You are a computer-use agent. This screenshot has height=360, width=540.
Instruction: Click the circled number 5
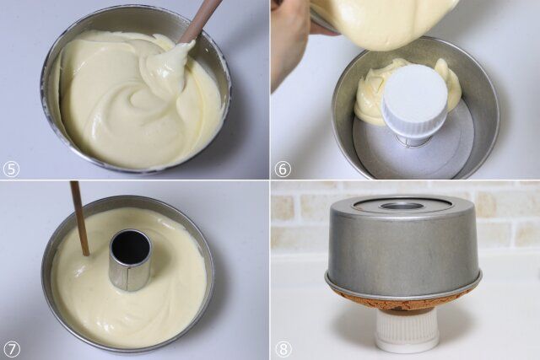pyautogui.click(x=11, y=169)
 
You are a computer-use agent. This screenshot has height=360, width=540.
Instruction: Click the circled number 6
pyautogui.click(x=283, y=169)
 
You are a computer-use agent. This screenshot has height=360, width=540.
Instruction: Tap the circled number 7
pyautogui.click(x=11, y=349)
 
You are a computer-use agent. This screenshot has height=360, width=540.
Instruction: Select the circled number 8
pyautogui.click(x=283, y=349)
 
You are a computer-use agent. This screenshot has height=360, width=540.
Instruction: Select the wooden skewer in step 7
pyautogui.click(x=79, y=218)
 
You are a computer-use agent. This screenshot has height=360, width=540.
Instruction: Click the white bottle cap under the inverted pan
pyautogui.click(x=408, y=331)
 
